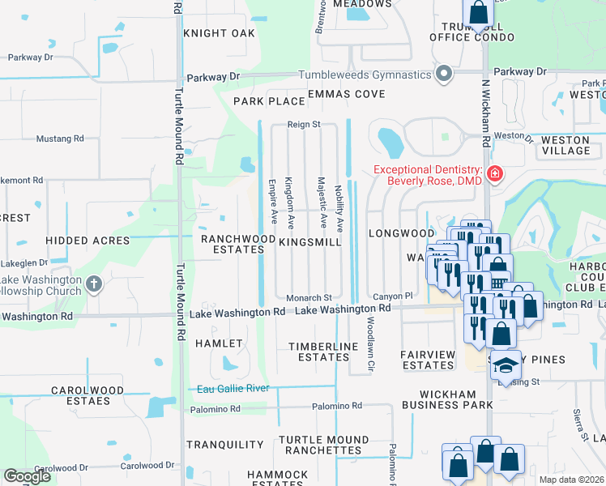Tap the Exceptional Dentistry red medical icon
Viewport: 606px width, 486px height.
[x=494, y=173]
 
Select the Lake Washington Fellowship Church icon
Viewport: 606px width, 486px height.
[x=94, y=283]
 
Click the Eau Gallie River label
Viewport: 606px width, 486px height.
[x=233, y=389]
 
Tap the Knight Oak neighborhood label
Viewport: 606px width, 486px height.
[x=219, y=33]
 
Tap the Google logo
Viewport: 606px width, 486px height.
[x=27, y=476]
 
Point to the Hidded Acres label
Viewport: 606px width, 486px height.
[x=87, y=241]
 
